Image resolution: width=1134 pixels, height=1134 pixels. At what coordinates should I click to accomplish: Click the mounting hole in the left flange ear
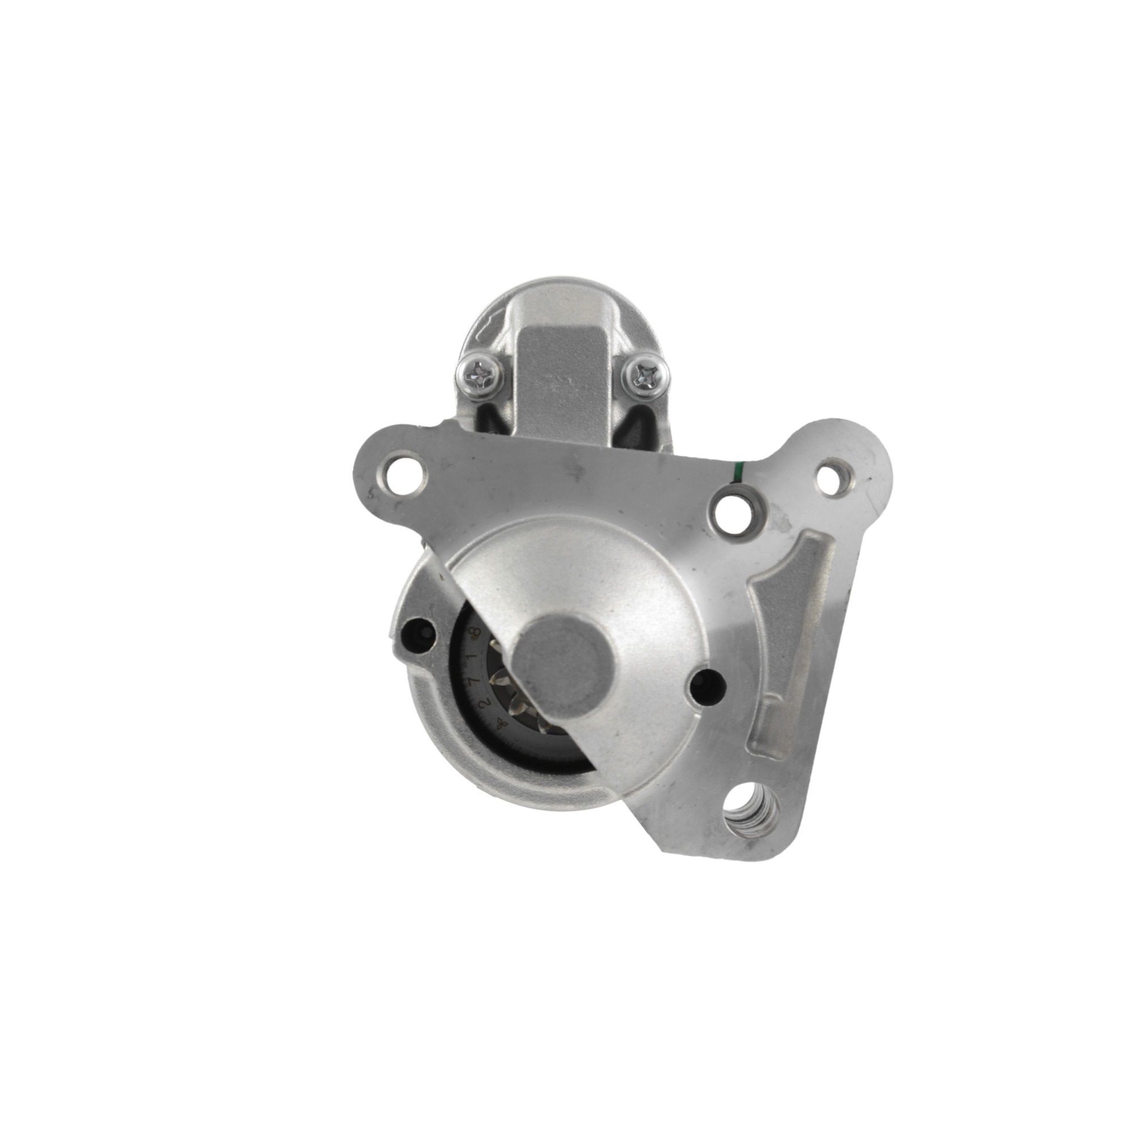[x=403, y=471]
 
